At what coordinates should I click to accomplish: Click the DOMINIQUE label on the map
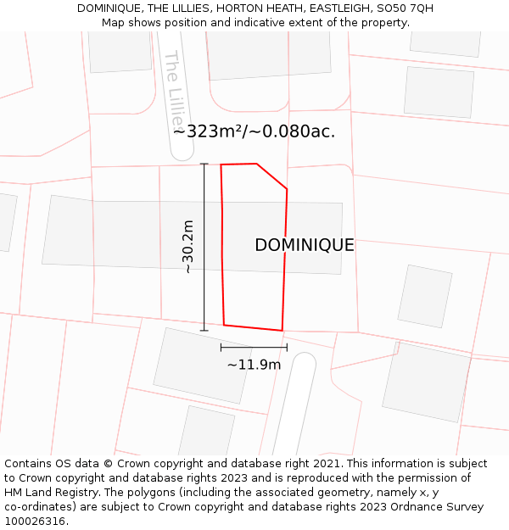[x=304, y=245]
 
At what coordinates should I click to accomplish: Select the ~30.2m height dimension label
[x=188, y=247]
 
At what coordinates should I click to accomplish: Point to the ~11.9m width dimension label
[x=254, y=365]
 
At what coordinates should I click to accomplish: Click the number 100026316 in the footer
[x=35, y=522]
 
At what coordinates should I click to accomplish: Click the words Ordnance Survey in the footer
[x=438, y=507]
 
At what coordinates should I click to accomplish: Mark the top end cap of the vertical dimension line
[x=204, y=164]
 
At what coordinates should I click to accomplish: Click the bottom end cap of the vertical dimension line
[x=204, y=331]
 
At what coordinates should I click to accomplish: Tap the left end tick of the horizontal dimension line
[x=221, y=347]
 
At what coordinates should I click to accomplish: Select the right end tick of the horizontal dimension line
[x=287, y=347]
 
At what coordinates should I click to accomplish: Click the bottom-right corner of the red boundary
[x=282, y=331]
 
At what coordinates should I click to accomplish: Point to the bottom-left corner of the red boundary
[x=224, y=324]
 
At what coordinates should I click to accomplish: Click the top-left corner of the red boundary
[x=221, y=165]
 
